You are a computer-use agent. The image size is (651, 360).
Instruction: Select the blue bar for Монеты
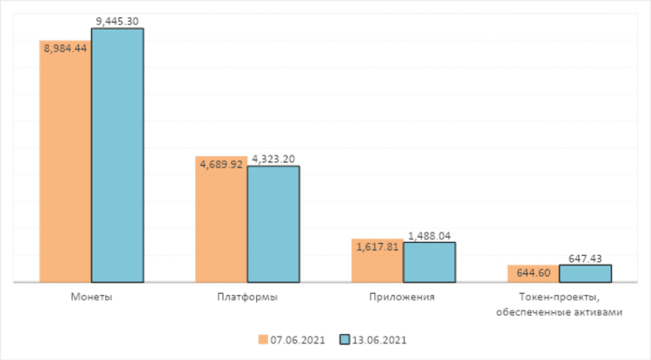[x=117, y=156]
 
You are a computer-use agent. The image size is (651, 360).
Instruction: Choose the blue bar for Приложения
[x=430, y=262]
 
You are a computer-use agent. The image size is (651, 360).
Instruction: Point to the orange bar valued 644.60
[x=533, y=273]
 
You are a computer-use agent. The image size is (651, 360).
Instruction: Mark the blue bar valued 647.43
[x=585, y=273]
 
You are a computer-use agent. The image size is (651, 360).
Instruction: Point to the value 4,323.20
[x=273, y=159]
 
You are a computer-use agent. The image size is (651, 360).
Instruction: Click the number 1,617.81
[x=377, y=245]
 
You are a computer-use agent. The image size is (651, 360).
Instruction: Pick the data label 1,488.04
[x=430, y=235]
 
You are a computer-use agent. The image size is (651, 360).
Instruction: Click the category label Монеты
[x=90, y=297]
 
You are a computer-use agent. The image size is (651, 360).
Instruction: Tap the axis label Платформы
[x=247, y=297]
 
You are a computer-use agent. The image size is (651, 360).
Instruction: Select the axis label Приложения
[x=403, y=297]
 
